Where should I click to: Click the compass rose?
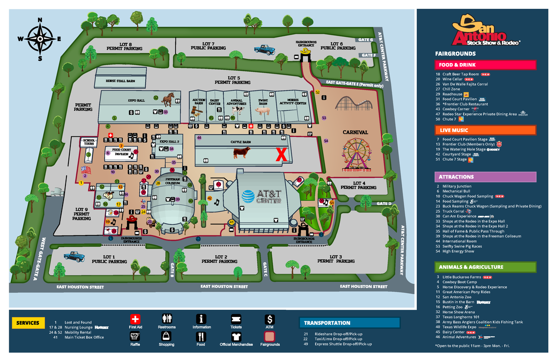click(x=40, y=39)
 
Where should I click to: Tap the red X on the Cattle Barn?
click(x=281, y=155)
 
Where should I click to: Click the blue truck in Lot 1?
click(x=74, y=256)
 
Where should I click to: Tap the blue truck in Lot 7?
click(x=264, y=49)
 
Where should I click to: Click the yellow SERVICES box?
click(x=28, y=323)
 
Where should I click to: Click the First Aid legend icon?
click(x=135, y=319)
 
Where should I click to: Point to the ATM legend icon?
click(x=270, y=319)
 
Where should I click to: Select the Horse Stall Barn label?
click(x=120, y=81)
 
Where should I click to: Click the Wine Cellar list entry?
click(x=452, y=79)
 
